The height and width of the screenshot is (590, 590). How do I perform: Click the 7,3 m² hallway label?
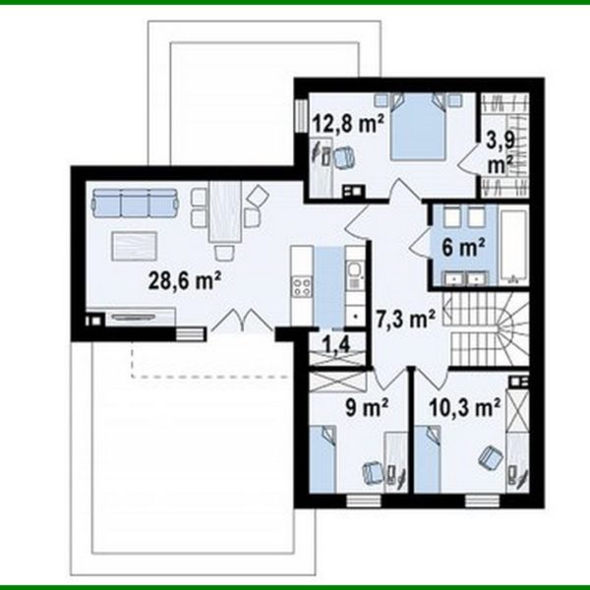pos(405,318)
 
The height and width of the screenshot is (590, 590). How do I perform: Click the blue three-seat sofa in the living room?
pos(135,204)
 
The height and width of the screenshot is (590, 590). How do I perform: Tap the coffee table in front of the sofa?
pos(135,244)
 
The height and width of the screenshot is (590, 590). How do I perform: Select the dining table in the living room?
pos(225,213)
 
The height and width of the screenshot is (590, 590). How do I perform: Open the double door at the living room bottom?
pos(240,322)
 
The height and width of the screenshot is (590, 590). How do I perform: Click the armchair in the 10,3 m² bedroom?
pos(488,455)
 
